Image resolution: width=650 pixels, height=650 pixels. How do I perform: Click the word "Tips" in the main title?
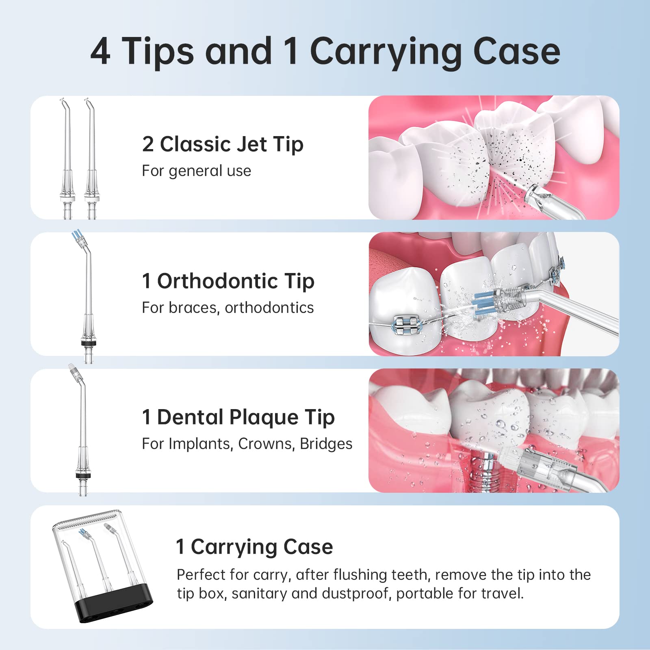click(x=157, y=52)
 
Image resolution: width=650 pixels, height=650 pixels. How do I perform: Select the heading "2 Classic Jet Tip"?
click(x=223, y=145)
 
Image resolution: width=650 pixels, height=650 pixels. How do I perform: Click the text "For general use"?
click(x=196, y=171)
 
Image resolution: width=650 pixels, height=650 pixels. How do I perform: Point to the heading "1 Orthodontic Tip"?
click(x=228, y=281)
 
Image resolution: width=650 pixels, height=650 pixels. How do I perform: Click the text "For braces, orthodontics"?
click(x=227, y=308)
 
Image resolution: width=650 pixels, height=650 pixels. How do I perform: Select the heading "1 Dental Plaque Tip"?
click(x=238, y=418)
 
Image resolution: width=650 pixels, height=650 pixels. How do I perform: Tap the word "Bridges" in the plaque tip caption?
click(x=326, y=444)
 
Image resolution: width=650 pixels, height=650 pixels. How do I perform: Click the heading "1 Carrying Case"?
click(x=254, y=547)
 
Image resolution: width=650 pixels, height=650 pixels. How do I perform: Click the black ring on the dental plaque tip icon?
click(x=83, y=476)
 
